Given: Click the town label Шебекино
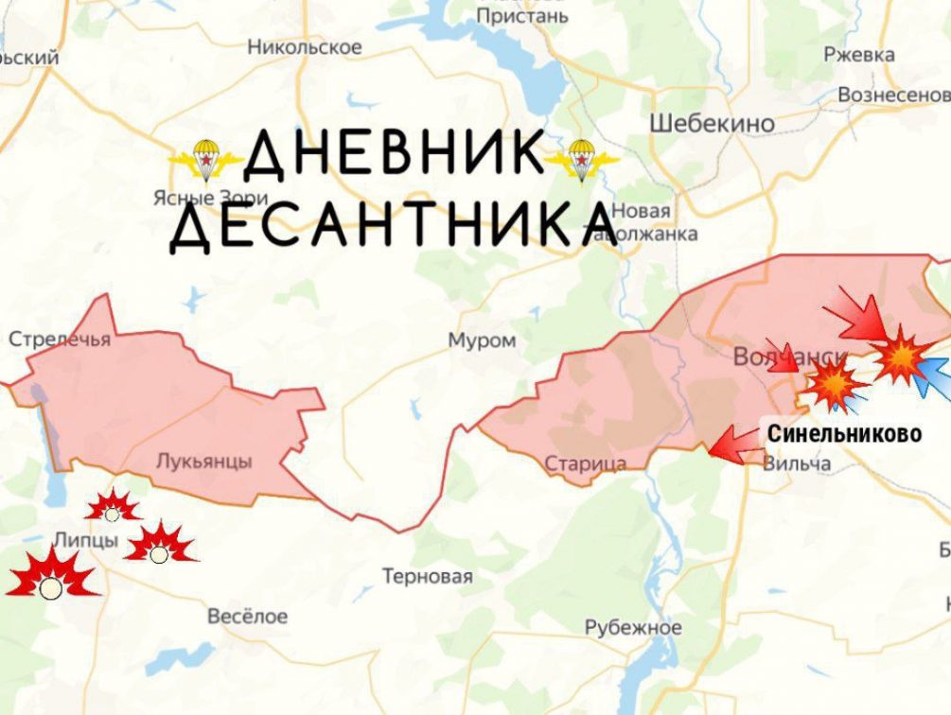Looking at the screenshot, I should click(x=713, y=123).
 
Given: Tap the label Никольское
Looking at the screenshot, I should click(x=305, y=46).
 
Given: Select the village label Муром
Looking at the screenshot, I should click(x=482, y=340).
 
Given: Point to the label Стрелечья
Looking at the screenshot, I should click(x=59, y=340).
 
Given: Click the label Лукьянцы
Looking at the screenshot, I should click(x=203, y=462).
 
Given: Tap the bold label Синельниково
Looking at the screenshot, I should click(x=844, y=434).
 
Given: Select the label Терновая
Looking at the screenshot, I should click(x=427, y=576).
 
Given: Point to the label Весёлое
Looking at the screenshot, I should click(x=247, y=616).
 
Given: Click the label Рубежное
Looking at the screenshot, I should click(x=632, y=627).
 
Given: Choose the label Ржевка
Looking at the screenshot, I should click(x=858, y=55).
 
